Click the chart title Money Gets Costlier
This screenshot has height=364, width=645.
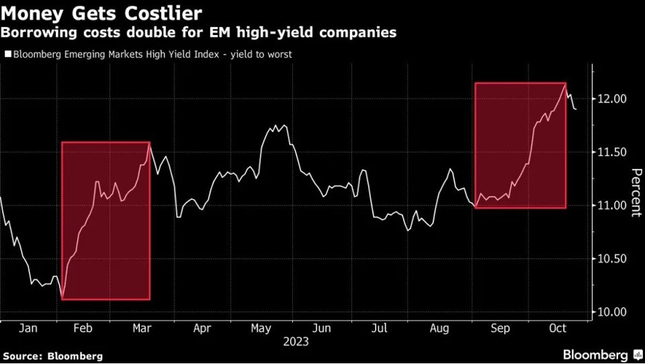pos(101,14)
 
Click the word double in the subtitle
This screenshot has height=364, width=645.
pos(142,32)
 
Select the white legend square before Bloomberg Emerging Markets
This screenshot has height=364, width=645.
pos(8,53)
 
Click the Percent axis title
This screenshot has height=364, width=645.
pos(635,192)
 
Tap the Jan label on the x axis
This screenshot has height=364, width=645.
pos(28,329)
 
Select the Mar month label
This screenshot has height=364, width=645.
pos(142,329)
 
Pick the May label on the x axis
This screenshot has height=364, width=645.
pos(261,329)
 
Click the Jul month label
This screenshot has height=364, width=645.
pos(380,329)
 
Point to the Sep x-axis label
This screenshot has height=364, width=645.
pos(500,329)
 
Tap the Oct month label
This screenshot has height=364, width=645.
pos(558,329)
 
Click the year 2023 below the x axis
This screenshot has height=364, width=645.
pos(294,342)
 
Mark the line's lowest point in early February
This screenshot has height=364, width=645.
pos(62,299)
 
